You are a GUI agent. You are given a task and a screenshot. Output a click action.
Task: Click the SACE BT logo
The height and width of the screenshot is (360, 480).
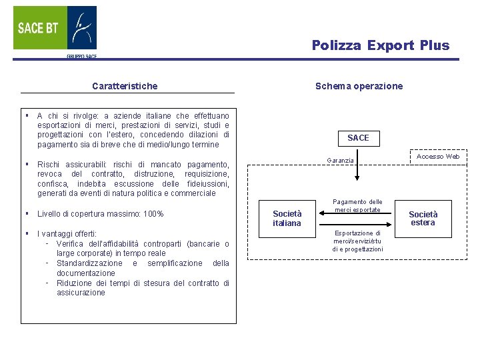(x=55, y=28)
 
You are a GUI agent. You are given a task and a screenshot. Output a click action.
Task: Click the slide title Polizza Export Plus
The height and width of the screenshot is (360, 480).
(x=381, y=45)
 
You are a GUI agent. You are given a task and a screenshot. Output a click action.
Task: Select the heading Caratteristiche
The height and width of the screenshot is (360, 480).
(x=125, y=86)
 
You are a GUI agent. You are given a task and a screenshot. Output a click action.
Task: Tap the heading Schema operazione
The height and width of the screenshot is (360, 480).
(x=359, y=86)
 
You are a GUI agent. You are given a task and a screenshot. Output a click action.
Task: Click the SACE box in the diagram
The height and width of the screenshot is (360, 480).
(x=358, y=138)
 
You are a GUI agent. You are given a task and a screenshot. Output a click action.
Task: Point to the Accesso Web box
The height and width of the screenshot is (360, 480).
(x=438, y=157)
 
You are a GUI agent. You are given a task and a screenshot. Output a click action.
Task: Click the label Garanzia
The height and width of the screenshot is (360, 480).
(x=340, y=161)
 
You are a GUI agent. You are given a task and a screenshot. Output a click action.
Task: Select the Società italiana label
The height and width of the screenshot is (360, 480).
(x=287, y=218)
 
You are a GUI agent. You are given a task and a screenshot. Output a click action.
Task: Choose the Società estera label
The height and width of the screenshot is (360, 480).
(x=423, y=218)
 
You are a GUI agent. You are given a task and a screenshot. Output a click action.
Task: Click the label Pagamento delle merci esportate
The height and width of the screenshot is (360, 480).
(x=358, y=205)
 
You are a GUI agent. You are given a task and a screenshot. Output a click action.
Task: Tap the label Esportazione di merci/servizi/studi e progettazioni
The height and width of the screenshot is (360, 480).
(x=358, y=241)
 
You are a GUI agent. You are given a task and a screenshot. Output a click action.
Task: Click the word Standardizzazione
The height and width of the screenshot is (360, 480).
(x=91, y=263)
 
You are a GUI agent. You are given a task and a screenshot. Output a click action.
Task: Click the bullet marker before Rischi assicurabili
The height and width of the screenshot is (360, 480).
(x=26, y=164)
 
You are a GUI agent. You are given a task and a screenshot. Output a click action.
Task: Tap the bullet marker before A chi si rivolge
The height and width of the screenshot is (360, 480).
(x=26, y=115)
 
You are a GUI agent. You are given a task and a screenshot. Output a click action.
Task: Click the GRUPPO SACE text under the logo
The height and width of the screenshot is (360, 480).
(x=81, y=57)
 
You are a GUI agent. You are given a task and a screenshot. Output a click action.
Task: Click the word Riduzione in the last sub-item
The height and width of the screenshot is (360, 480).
(x=75, y=283)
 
